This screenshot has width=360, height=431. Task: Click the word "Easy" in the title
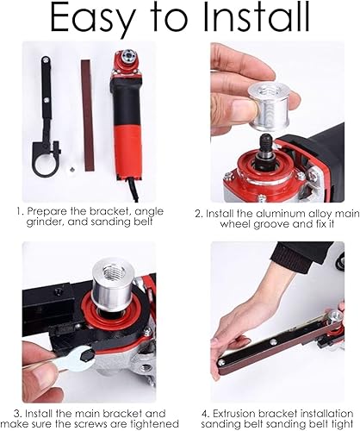click(x=92, y=19)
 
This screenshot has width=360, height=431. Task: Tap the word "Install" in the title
click(x=257, y=16)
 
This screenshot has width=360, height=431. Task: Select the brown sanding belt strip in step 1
click(x=87, y=116)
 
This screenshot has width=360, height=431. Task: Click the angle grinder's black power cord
click(x=132, y=188)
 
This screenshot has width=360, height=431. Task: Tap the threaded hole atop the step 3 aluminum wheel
click(x=112, y=271)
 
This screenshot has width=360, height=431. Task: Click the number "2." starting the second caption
click(x=199, y=214)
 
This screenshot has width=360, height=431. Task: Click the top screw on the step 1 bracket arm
click(x=46, y=60)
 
